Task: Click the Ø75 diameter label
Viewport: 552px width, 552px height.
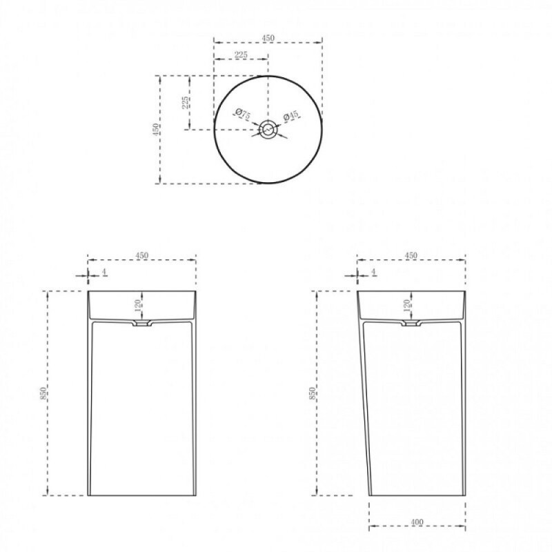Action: point(242,114)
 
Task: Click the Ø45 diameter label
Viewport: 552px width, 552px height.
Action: point(290,115)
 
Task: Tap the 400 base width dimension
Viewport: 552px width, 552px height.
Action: point(417,522)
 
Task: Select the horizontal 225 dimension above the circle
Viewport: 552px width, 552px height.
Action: point(241,55)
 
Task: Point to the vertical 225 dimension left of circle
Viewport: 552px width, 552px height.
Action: point(185,102)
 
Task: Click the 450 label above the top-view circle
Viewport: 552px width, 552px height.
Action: point(268,38)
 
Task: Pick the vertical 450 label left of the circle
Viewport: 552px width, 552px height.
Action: point(155,130)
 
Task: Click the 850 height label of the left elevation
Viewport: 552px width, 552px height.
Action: point(43,393)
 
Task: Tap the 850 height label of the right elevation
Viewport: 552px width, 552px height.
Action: point(312,393)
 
